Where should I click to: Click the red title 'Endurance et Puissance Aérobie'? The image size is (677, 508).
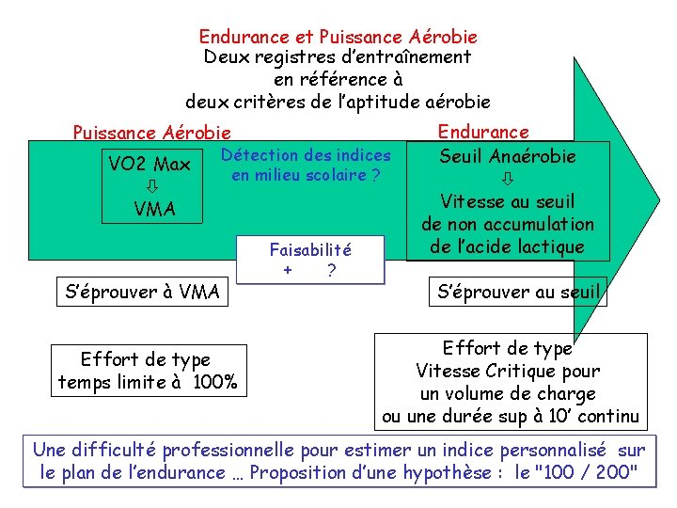338,38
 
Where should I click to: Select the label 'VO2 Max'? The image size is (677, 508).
150,165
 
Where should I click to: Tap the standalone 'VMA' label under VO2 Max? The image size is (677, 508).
154,209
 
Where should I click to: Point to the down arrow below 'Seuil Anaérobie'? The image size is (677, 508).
508,177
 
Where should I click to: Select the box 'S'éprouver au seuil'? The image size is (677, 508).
518,292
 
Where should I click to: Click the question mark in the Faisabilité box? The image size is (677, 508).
331,271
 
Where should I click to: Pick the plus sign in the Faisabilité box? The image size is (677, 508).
288,271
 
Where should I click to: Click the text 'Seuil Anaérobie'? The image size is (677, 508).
508,156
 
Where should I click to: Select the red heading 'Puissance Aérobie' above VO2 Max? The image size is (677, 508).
151,134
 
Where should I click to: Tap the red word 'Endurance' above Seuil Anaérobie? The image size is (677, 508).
483,133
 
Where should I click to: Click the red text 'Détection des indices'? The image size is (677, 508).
307,155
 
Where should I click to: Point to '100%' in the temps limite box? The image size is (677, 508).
215,382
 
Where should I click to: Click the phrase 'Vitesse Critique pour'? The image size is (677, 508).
509,371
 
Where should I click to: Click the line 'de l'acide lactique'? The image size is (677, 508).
507,247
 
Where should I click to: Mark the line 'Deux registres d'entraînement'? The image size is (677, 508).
338,57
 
